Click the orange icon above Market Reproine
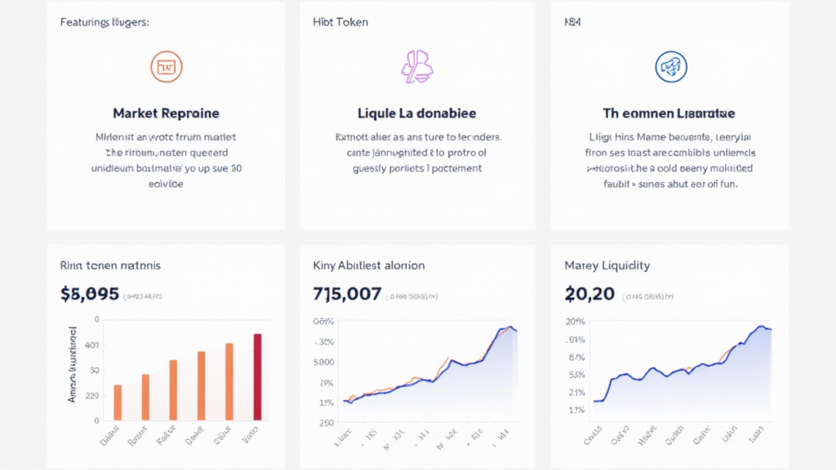(x=167, y=67)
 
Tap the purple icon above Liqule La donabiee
(x=416, y=67)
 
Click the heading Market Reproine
(x=167, y=113)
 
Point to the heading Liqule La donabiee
(x=417, y=113)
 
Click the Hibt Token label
(x=340, y=22)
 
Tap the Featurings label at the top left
(x=104, y=22)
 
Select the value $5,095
(x=90, y=293)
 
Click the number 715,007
(x=347, y=293)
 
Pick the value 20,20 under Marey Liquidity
(x=589, y=293)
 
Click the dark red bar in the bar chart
(x=258, y=377)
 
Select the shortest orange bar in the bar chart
(x=118, y=402)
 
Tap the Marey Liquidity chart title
(x=607, y=265)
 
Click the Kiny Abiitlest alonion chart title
(x=368, y=265)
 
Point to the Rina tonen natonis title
(x=110, y=265)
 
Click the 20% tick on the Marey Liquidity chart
(x=576, y=321)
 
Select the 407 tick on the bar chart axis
(x=91, y=345)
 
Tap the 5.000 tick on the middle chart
(x=323, y=361)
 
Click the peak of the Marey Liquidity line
(x=761, y=326)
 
